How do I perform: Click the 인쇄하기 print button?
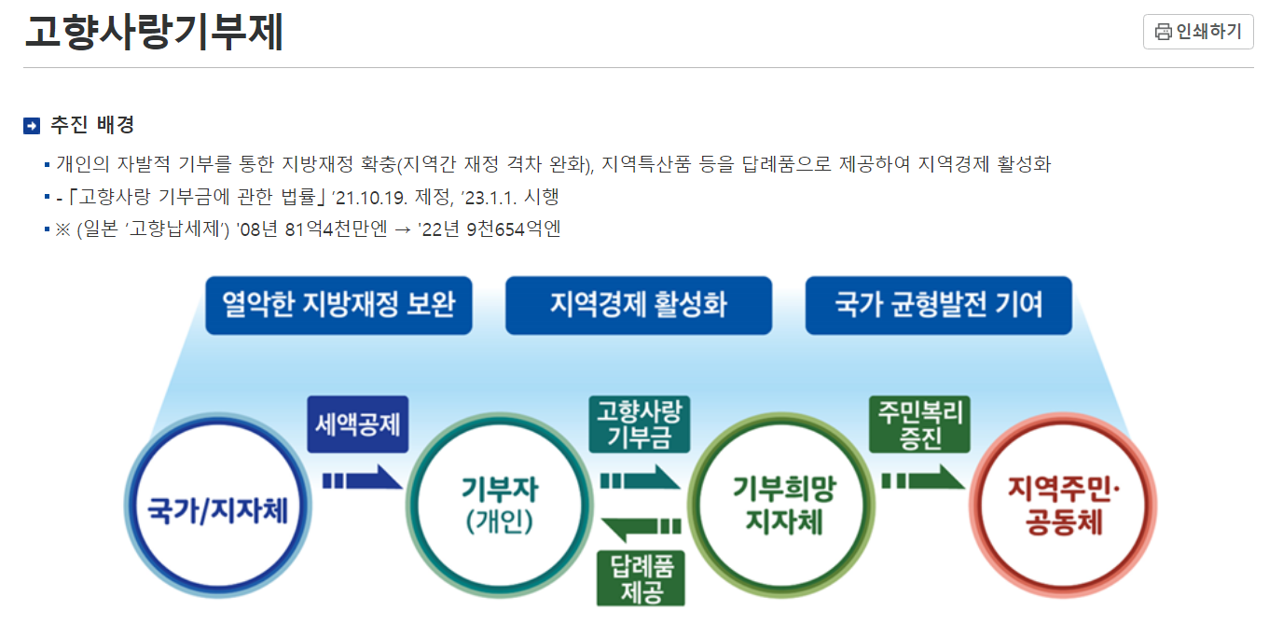click(x=1198, y=32)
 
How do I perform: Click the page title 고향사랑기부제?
click(x=154, y=32)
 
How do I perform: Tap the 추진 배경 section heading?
click(x=92, y=125)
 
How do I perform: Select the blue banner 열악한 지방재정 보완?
click(x=338, y=305)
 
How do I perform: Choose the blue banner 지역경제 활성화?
click(x=639, y=305)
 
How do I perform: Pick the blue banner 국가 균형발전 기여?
click(x=939, y=305)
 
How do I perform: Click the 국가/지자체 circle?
click(x=218, y=509)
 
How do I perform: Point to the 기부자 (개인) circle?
click(x=499, y=507)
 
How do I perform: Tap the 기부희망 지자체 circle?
click(x=783, y=507)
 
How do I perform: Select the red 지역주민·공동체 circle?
click(x=1063, y=507)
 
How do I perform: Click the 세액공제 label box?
click(x=358, y=425)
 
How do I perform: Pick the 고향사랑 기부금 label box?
click(x=639, y=424)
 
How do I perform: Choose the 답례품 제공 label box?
click(x=641, y=578)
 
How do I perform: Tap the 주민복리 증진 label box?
click(x=919, y=424)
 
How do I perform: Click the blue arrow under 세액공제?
click(x=362, y=480)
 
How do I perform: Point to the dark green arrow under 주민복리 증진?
click(x=922, y=480)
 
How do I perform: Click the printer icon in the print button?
click(x=1164, y=32)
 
